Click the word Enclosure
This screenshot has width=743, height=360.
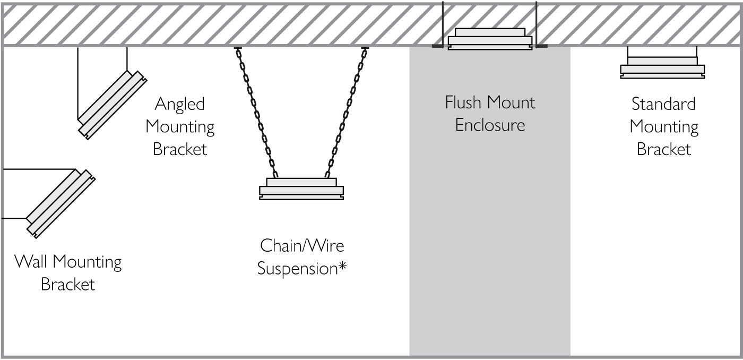tap(490, 125)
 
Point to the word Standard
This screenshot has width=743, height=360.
tap(663, 104)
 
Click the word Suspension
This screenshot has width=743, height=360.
tap(297, 269)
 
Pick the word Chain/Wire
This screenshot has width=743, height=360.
tap(302, 246)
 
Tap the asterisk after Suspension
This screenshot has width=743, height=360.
tap(343, 267)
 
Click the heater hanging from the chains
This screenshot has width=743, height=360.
tap(301, 189)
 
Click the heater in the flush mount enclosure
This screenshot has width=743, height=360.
tap(489, 39)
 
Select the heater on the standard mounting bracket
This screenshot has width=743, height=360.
tap(662, 68)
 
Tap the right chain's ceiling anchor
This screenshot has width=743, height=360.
tap(365, 48)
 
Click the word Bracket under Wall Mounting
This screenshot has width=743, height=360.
tap(68, 285)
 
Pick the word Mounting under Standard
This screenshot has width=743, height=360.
tap(663, 127)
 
